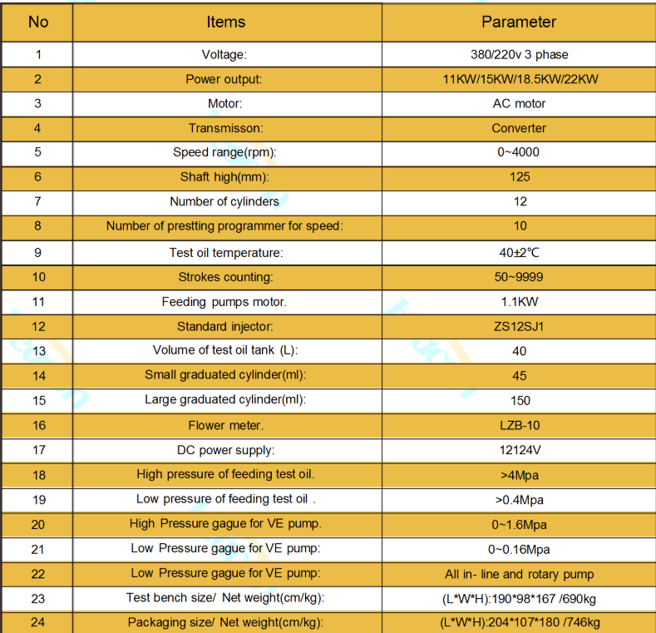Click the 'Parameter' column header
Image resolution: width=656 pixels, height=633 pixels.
[519, 22]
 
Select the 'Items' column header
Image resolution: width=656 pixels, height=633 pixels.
[226, 22]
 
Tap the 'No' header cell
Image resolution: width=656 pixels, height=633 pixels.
[38, 22]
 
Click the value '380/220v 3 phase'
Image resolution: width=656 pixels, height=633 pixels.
[519, 55]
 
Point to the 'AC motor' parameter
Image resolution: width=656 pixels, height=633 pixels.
[519, 104]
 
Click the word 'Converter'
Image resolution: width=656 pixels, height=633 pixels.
[519, 128]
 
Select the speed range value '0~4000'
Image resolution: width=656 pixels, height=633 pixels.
[519, 152]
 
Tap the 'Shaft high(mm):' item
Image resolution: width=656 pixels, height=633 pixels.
[226, 176]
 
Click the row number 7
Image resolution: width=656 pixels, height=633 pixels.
[38, 201]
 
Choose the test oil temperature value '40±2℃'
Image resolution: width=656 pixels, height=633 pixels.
[520, 252]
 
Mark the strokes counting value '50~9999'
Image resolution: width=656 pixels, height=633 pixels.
[520, 276]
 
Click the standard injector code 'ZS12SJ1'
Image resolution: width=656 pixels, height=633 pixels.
[520, 326]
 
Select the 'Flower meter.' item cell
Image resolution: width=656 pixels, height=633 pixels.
[226, 425]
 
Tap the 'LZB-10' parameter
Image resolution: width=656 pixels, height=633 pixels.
[520, 425]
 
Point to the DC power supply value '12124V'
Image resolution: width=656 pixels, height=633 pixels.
[520, 450]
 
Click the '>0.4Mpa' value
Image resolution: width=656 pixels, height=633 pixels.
[519, 500]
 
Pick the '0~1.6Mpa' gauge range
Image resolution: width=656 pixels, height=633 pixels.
[519, 525]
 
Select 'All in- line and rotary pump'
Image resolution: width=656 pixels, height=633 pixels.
[520, 574]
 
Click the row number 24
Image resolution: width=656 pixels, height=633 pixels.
[38, 622]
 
